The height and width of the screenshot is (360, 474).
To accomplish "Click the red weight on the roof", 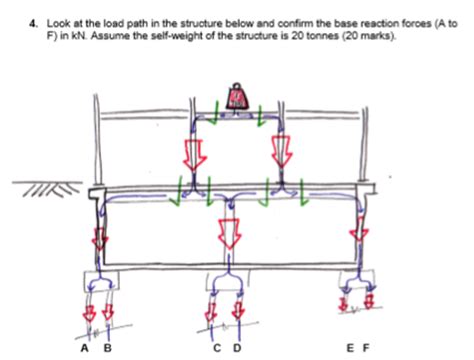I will pyautogui.click(x=237, y=95).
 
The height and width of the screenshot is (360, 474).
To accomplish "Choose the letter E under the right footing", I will pyautogui.click(x=349, y=347).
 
